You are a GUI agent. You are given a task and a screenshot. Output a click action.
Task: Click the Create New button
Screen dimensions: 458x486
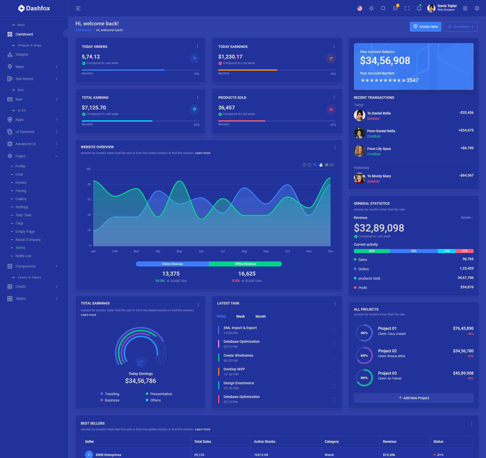[x=425, y=27]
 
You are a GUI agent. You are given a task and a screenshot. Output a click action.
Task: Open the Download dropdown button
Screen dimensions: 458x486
[x=460, y=27]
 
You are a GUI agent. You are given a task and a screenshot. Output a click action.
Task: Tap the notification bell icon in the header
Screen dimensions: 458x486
[x=419, y=8]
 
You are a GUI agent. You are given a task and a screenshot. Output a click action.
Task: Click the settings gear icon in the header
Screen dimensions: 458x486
[x=477, y=8]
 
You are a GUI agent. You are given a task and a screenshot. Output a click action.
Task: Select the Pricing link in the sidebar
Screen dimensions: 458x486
[x=21, y=191]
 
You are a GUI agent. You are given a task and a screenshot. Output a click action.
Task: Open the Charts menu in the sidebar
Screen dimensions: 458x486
[x=21, y=287]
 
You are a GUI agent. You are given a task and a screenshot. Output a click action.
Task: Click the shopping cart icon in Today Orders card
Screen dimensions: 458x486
[x=194, y=58]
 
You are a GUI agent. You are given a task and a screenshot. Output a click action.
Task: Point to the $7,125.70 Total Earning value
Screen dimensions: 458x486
[x=94, y=108]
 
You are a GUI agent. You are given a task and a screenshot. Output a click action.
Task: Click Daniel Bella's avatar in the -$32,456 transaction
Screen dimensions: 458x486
[x=359, y=116]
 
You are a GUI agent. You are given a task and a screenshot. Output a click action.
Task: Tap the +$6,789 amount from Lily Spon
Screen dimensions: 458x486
[x=467, y=148]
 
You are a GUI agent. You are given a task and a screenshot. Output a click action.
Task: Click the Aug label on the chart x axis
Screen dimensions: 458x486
[x=244, y=251]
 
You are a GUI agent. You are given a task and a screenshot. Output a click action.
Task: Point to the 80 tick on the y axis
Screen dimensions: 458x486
[x=89, y=184]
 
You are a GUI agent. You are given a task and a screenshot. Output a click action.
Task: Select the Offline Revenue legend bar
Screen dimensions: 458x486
[x=245, y=264]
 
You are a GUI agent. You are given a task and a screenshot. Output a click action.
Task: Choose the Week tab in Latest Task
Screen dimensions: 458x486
[x=240, y=316]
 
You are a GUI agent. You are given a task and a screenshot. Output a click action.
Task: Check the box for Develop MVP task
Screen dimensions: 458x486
[x=334, y=372]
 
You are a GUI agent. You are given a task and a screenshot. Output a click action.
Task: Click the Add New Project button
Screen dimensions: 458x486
[x=414, y=398]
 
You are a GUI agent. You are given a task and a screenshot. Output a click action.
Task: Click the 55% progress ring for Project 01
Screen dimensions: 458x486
[x=364, y=333]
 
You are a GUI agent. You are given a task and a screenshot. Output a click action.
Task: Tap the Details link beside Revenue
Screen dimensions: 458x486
[x=467, y=218]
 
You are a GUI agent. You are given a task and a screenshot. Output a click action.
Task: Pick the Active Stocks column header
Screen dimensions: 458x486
[x=264, y=442]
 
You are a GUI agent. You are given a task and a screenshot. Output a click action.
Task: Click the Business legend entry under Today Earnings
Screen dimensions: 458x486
[x=112, y=400]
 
